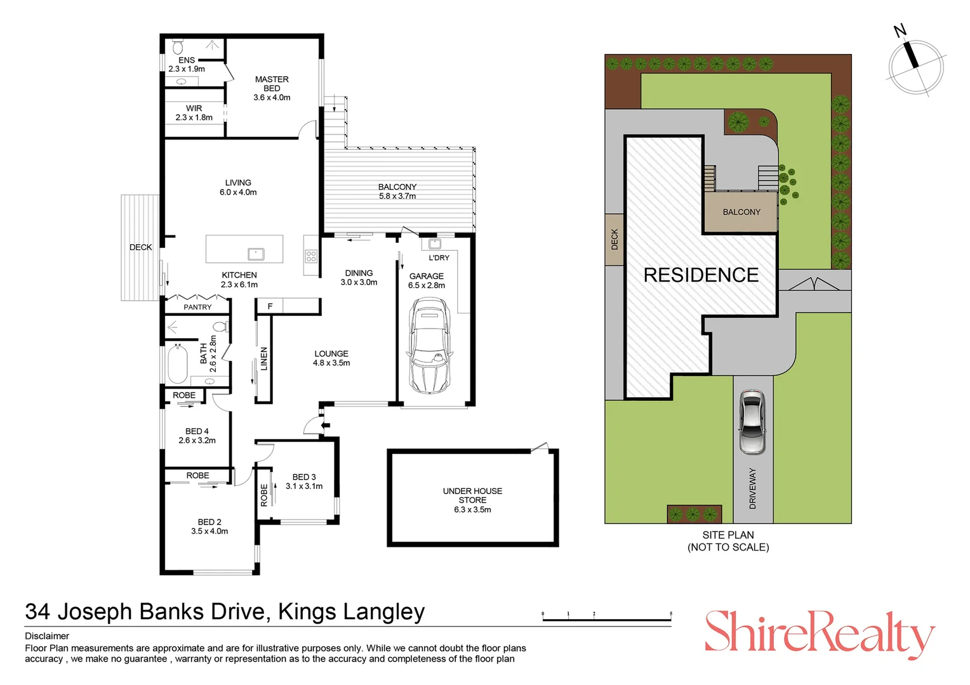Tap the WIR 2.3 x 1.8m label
194,113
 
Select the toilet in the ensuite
178,48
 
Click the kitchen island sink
256,254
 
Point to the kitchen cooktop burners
311,256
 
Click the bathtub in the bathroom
178,363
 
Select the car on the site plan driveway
752,422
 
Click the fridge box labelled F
270,306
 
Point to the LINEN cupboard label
264,359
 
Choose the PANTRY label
197,307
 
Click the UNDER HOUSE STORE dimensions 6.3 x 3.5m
472,509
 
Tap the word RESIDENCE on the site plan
701,275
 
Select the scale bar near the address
606,617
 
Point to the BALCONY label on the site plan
741,212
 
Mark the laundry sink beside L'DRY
435,244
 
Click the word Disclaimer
47,636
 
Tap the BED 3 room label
304,481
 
